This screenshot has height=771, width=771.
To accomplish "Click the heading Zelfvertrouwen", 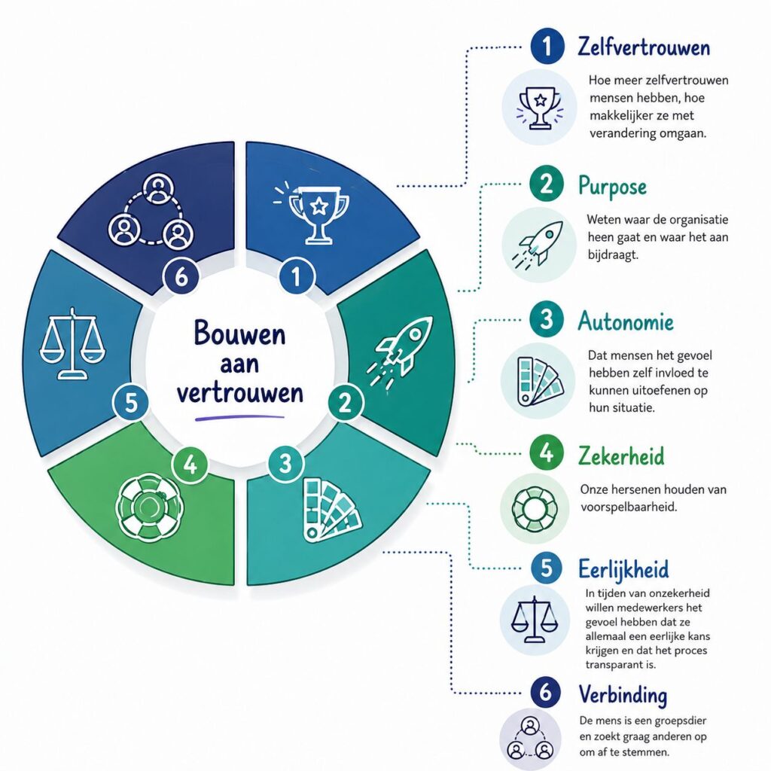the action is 644,47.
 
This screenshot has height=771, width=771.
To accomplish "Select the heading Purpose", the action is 612,187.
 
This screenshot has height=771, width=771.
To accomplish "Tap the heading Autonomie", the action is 626,322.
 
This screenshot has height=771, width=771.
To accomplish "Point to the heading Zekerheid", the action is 621,456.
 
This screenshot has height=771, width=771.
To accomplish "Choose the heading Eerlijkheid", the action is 623,569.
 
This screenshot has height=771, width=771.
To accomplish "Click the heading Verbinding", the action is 623,695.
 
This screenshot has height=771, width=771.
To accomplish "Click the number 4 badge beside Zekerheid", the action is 547,452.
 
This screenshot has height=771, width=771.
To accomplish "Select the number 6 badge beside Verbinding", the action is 546,693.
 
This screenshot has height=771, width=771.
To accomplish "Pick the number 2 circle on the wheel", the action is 346,402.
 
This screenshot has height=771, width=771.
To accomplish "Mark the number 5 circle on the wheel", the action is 131,402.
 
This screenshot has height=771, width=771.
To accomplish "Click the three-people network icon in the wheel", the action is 151,211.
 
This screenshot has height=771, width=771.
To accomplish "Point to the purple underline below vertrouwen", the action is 239,418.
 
